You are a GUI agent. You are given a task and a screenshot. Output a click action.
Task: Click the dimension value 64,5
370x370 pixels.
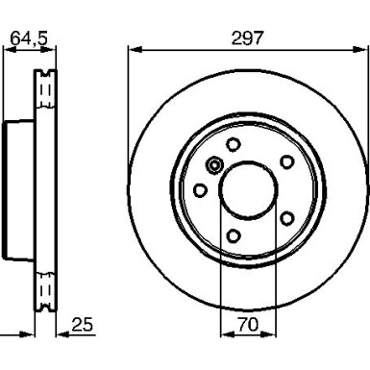[28, 37]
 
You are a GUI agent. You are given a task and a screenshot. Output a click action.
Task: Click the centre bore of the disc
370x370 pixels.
[247, 189]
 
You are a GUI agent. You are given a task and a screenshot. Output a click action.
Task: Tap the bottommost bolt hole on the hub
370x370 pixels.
[233, 235]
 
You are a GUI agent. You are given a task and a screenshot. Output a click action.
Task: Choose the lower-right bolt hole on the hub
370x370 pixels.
[284, 218]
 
